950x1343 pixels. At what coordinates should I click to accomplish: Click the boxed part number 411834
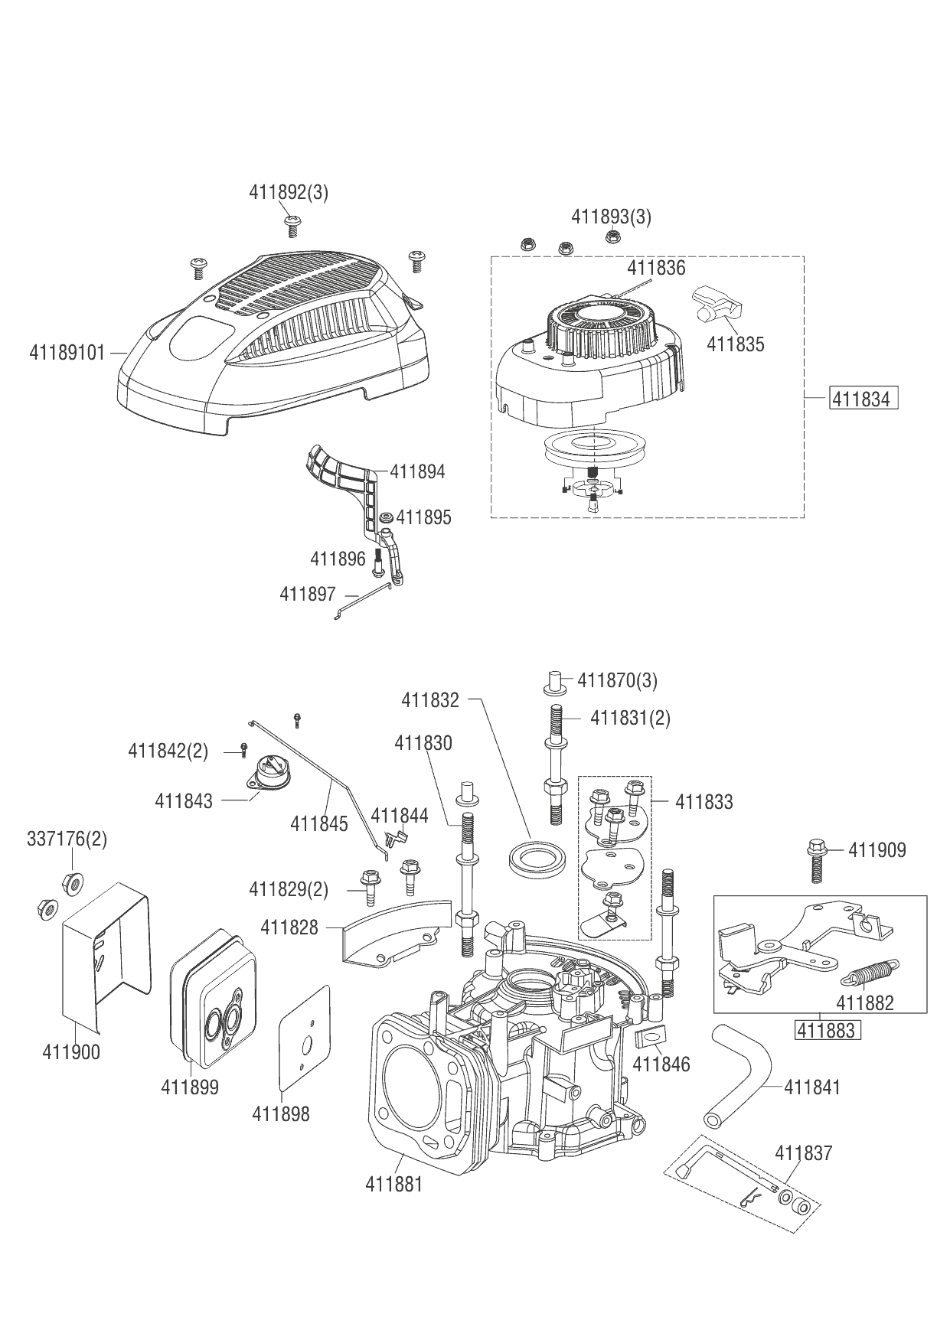[860, 399]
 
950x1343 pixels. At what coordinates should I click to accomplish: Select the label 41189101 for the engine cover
[67, 353]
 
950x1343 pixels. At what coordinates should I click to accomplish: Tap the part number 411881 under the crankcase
[394, 1184]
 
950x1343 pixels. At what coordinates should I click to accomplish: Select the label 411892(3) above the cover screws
[289, 192]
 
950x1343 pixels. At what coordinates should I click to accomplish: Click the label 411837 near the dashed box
[803, 1152]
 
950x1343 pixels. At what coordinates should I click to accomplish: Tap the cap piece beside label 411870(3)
[556, 681]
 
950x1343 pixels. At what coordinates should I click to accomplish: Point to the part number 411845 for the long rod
[319, 823]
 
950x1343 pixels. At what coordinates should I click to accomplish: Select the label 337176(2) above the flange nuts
[67, 839]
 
